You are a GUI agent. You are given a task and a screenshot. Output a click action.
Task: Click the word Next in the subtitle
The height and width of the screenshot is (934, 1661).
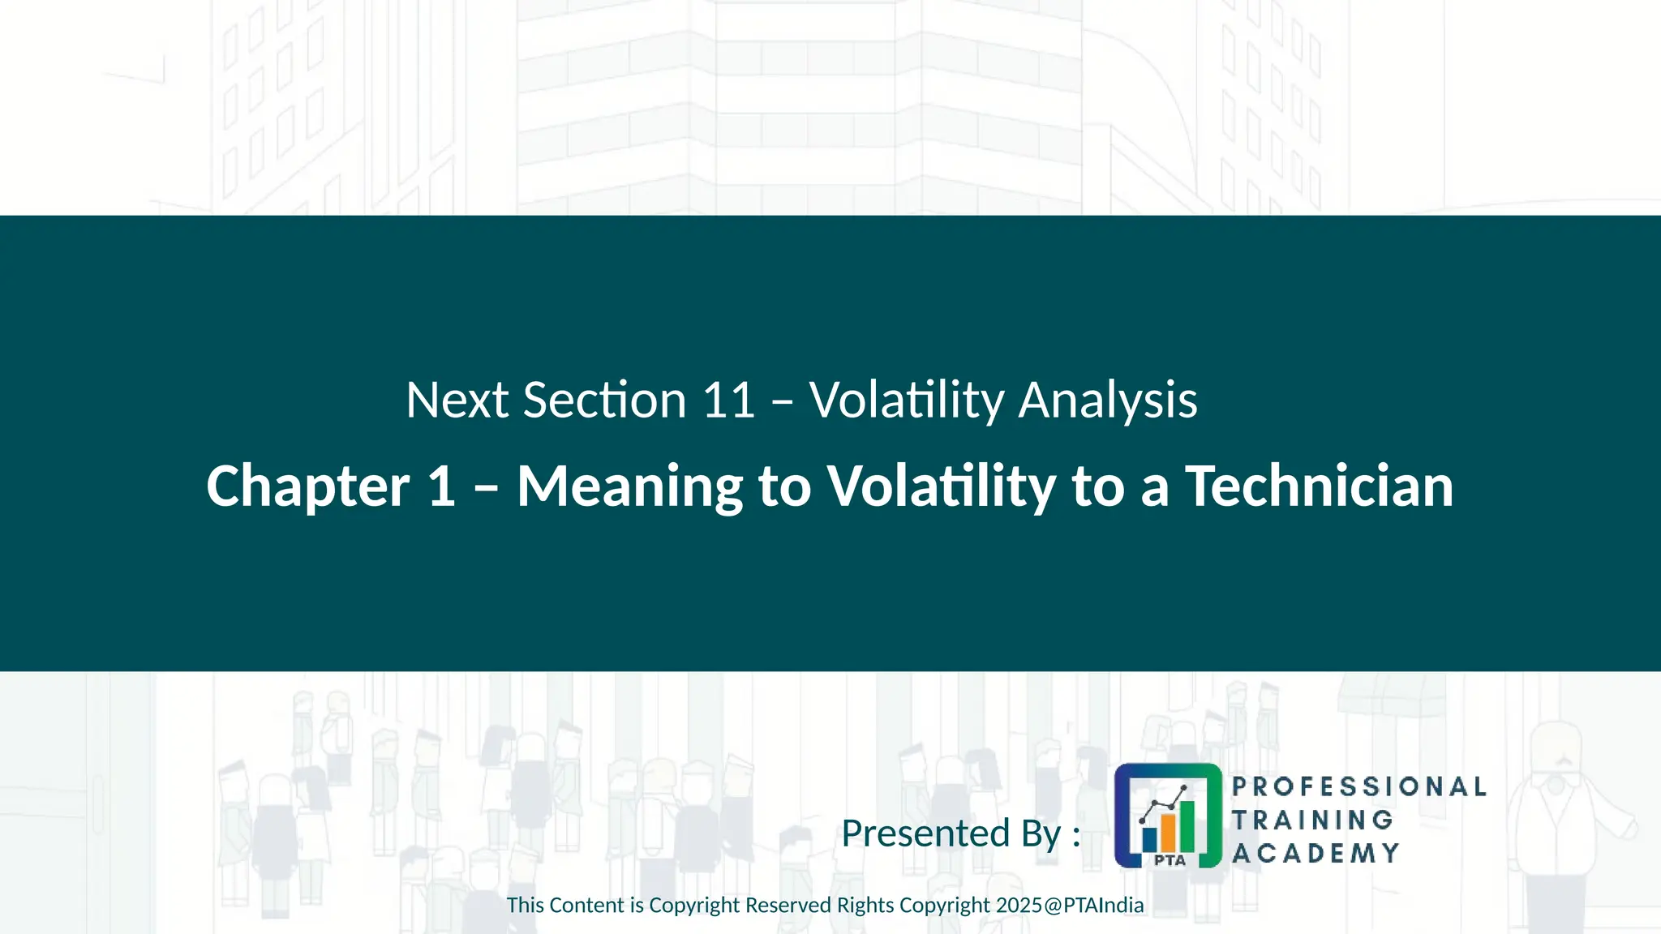457,401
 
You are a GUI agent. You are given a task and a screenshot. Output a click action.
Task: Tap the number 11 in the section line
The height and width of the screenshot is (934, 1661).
728,401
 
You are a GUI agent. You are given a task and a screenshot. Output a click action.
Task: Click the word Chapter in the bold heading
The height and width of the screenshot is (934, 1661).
307,487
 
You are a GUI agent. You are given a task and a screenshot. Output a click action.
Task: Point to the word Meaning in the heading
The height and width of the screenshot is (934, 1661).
629,487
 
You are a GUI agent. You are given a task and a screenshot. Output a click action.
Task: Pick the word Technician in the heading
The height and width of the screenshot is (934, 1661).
1319,486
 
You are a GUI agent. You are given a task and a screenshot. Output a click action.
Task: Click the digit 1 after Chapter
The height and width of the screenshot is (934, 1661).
441,486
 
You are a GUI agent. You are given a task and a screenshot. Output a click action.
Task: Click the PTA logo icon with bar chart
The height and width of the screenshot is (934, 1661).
1167,816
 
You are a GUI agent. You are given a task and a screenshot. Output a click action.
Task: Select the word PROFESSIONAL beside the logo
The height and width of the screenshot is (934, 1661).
1358,786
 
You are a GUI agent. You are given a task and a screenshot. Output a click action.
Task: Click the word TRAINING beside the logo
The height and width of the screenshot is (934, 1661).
1312,820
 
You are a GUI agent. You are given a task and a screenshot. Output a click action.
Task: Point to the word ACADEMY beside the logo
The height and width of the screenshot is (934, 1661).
1315,853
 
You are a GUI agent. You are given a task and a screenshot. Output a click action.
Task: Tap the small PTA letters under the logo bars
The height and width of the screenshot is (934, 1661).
1169,860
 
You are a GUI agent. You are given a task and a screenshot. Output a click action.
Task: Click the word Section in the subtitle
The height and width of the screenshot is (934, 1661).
605,401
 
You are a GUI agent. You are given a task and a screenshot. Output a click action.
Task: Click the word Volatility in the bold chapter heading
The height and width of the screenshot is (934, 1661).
941,487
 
